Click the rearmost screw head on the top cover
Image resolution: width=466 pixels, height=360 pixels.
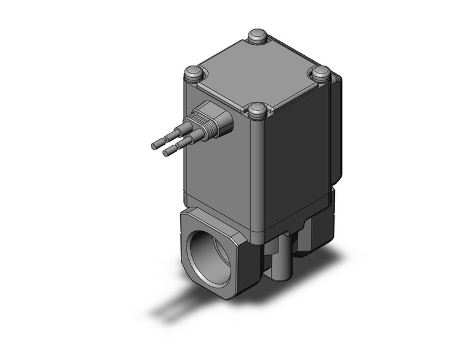pyautogui.click(x=258, y=36)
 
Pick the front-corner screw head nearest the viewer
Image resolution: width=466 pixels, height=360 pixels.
pyautogui.click(x=258, y=110)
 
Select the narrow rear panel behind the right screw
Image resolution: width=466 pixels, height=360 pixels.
pyautogui.click(x=337, y=129)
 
